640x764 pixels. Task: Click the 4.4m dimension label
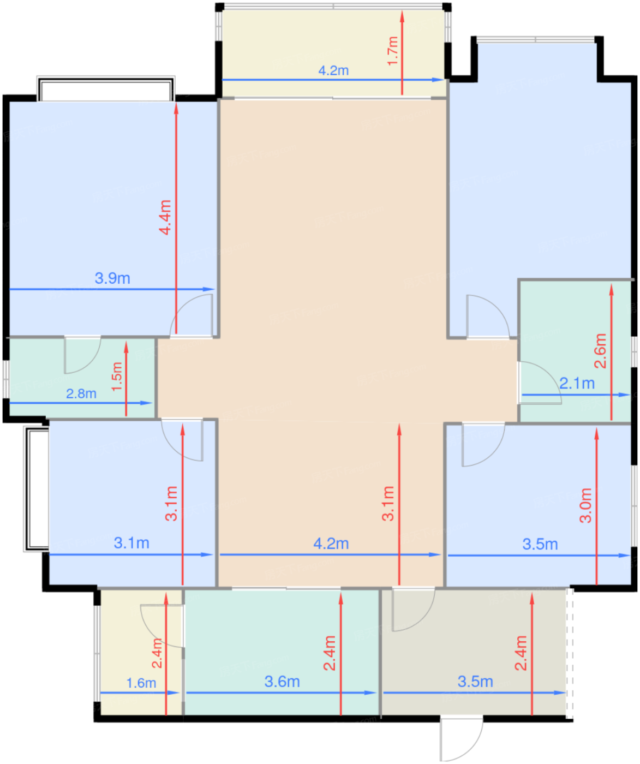(x=165, y=217)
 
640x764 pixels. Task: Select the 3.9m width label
(x=112, y=278)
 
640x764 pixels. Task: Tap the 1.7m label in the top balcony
(x=393, y=51)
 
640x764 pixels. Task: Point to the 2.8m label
(x=81, y=393)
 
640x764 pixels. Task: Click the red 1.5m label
(x=117, y=377)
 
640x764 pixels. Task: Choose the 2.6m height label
(x=600, y=351)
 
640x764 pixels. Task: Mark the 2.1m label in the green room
(x=577, y=384)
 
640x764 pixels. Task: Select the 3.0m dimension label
(x=585, y=505)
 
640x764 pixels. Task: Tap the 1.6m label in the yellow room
(x=141, y=683)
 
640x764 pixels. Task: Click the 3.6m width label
(x=282, y=682)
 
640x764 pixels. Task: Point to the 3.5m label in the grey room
(x=475, y=682)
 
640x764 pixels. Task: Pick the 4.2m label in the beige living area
(x=331, y=544)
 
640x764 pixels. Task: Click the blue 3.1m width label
(x=131, y=543)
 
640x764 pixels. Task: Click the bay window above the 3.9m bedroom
(x=106, y=89)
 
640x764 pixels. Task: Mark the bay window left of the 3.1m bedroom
(x=36, y=489)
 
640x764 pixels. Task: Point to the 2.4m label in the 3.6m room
(x=330, y=653)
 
